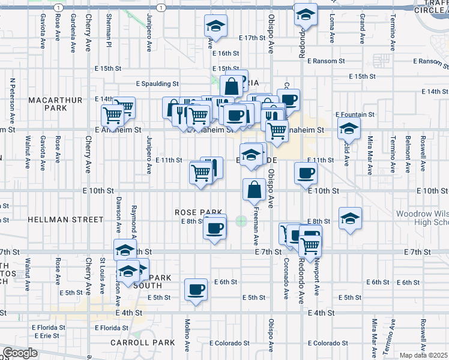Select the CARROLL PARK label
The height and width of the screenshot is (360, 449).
pyautogui.click(x=142, y=343)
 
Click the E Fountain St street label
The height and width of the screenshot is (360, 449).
pyautogui.click(x=355, y=114)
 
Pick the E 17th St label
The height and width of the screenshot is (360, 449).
pyautogui.click(x=252, y=38)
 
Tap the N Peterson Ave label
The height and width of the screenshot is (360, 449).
pyautogui.click(x=12, y=95)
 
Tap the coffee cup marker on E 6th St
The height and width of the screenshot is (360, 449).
pyautogui.click(x=196, y=290)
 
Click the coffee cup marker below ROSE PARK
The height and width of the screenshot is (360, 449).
pyautogui.click(x=214, y=228)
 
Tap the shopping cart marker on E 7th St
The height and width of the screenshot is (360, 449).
pyautogui.click(x=310, y=245)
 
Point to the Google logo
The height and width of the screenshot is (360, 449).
pyautogui.click(x=20, y=353)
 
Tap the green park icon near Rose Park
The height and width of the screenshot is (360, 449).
pyautogui.click(x=241, y=221)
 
